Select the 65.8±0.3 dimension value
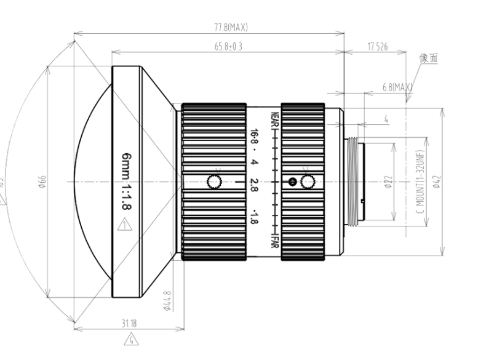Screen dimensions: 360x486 pyautogui.click(x=226, y=47)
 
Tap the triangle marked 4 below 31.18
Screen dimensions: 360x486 pyautogui.click(x=130, y=337)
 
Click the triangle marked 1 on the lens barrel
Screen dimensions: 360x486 pyautogui.click(x=125, y=225)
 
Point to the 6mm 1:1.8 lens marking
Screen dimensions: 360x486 pyautogui.click(x=125, y=182)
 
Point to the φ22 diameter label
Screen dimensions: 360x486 pyautogui.click(x=387, y=183)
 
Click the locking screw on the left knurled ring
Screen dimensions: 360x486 pyautogui.click(x=214, y=182)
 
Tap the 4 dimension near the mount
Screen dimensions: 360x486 pyautogui.click(x=386, y=119)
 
